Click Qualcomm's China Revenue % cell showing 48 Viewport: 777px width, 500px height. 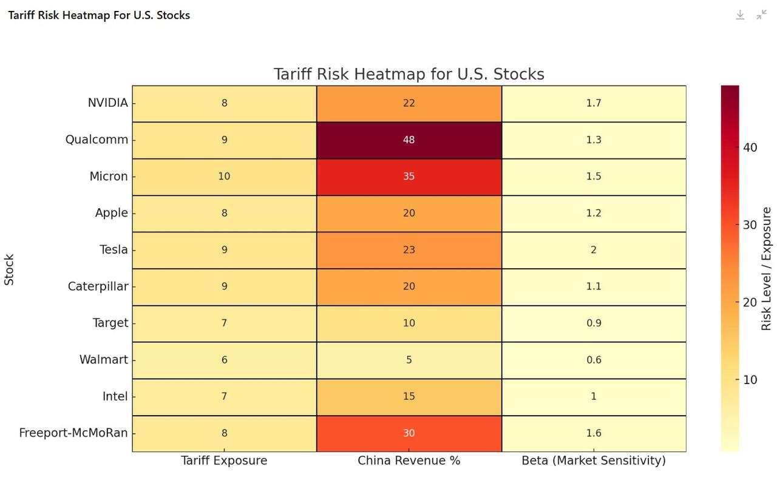[x=409, y=140]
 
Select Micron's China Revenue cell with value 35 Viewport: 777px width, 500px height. [x=409, y=177]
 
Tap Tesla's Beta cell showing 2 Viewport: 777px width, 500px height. [x=593, y=250]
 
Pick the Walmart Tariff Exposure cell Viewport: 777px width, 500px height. [x=224, y=360]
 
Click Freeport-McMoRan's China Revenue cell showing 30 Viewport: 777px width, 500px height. [x=409, y=433]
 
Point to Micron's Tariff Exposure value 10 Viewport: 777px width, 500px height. [x=224, y=177]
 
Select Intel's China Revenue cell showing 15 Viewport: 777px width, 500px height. [x=409, y=396]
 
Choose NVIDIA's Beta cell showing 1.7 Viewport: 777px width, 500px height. [x=593, y=103]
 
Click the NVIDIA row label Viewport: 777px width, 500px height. [x=107, y=103]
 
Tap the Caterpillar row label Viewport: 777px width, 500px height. [x=98, y=286]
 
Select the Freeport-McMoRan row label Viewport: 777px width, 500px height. [x=73, y=433]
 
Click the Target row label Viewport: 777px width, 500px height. [x=110, y=323]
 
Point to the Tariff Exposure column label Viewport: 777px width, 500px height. [x=224, y=461]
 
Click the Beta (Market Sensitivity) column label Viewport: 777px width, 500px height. [x=593, y=461]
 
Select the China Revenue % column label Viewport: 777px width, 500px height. [x=409, y=461]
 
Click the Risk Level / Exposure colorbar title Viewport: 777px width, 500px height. [x=766, y=269]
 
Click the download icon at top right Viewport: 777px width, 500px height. [x=740, y=15]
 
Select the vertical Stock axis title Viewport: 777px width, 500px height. [x=9, y=269]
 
